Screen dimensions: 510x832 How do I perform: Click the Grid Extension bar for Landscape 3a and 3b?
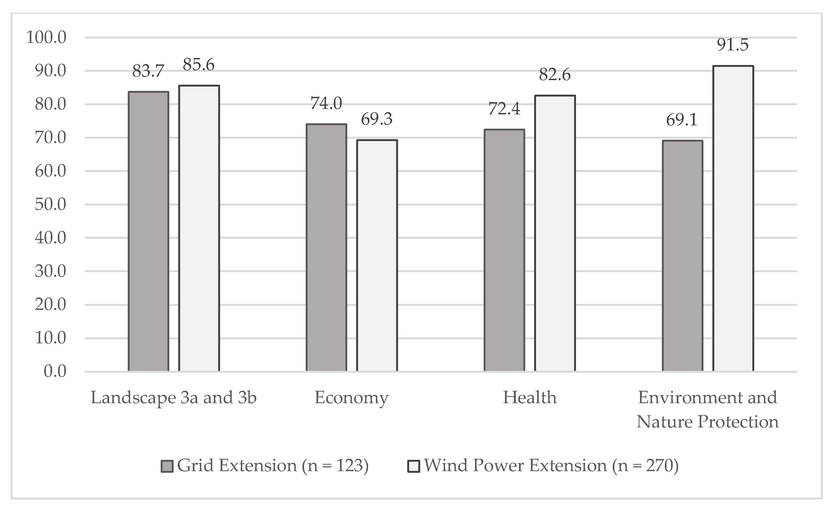coord(148,231)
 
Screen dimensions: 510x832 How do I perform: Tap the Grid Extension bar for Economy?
coord(326,248)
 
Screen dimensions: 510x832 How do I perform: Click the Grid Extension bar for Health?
coord(504,250)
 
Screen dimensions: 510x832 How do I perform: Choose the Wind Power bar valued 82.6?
coord(555,233)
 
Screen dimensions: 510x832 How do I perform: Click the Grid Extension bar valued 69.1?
coord(682,256)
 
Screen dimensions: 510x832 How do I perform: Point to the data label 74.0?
coord(326,103)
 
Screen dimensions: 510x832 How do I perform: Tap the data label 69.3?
coord(376,119)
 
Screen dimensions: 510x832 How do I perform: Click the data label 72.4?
coord(504,109)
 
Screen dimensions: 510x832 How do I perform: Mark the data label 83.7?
coord(148,71)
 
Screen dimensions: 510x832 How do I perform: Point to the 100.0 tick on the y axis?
coord(46,37)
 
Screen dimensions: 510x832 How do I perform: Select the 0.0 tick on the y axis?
coord(55,371)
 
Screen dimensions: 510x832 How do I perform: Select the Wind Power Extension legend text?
coord(551,466)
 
